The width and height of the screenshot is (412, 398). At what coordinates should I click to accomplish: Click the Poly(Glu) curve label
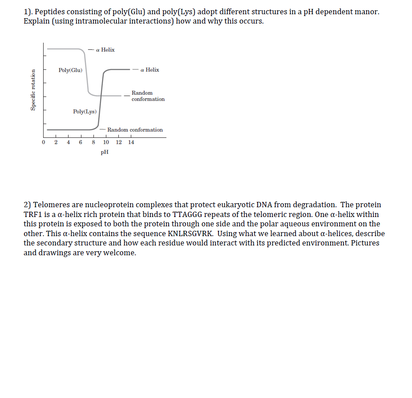[70, 70]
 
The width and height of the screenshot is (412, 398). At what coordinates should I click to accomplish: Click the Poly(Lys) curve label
[85, 112]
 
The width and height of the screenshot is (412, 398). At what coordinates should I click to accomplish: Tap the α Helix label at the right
[149, 70]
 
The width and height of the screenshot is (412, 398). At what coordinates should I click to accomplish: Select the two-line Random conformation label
[148, 96]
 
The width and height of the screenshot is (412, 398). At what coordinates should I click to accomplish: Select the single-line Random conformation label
[135, 130]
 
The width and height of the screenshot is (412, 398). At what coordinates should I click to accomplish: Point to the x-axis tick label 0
[43, 142]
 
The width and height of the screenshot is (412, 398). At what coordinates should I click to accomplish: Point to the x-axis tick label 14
[131, 142]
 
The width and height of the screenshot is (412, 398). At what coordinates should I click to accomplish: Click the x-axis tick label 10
[106, 142]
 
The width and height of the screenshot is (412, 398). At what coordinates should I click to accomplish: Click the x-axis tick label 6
[81, 142]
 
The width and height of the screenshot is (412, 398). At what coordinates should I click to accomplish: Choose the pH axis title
[105, 152]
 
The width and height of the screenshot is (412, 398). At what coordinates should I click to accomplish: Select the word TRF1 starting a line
[32, 214]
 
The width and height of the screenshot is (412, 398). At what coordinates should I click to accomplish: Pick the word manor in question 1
[367, 12]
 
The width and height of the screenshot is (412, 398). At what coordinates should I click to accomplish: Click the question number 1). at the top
[29, 12]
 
